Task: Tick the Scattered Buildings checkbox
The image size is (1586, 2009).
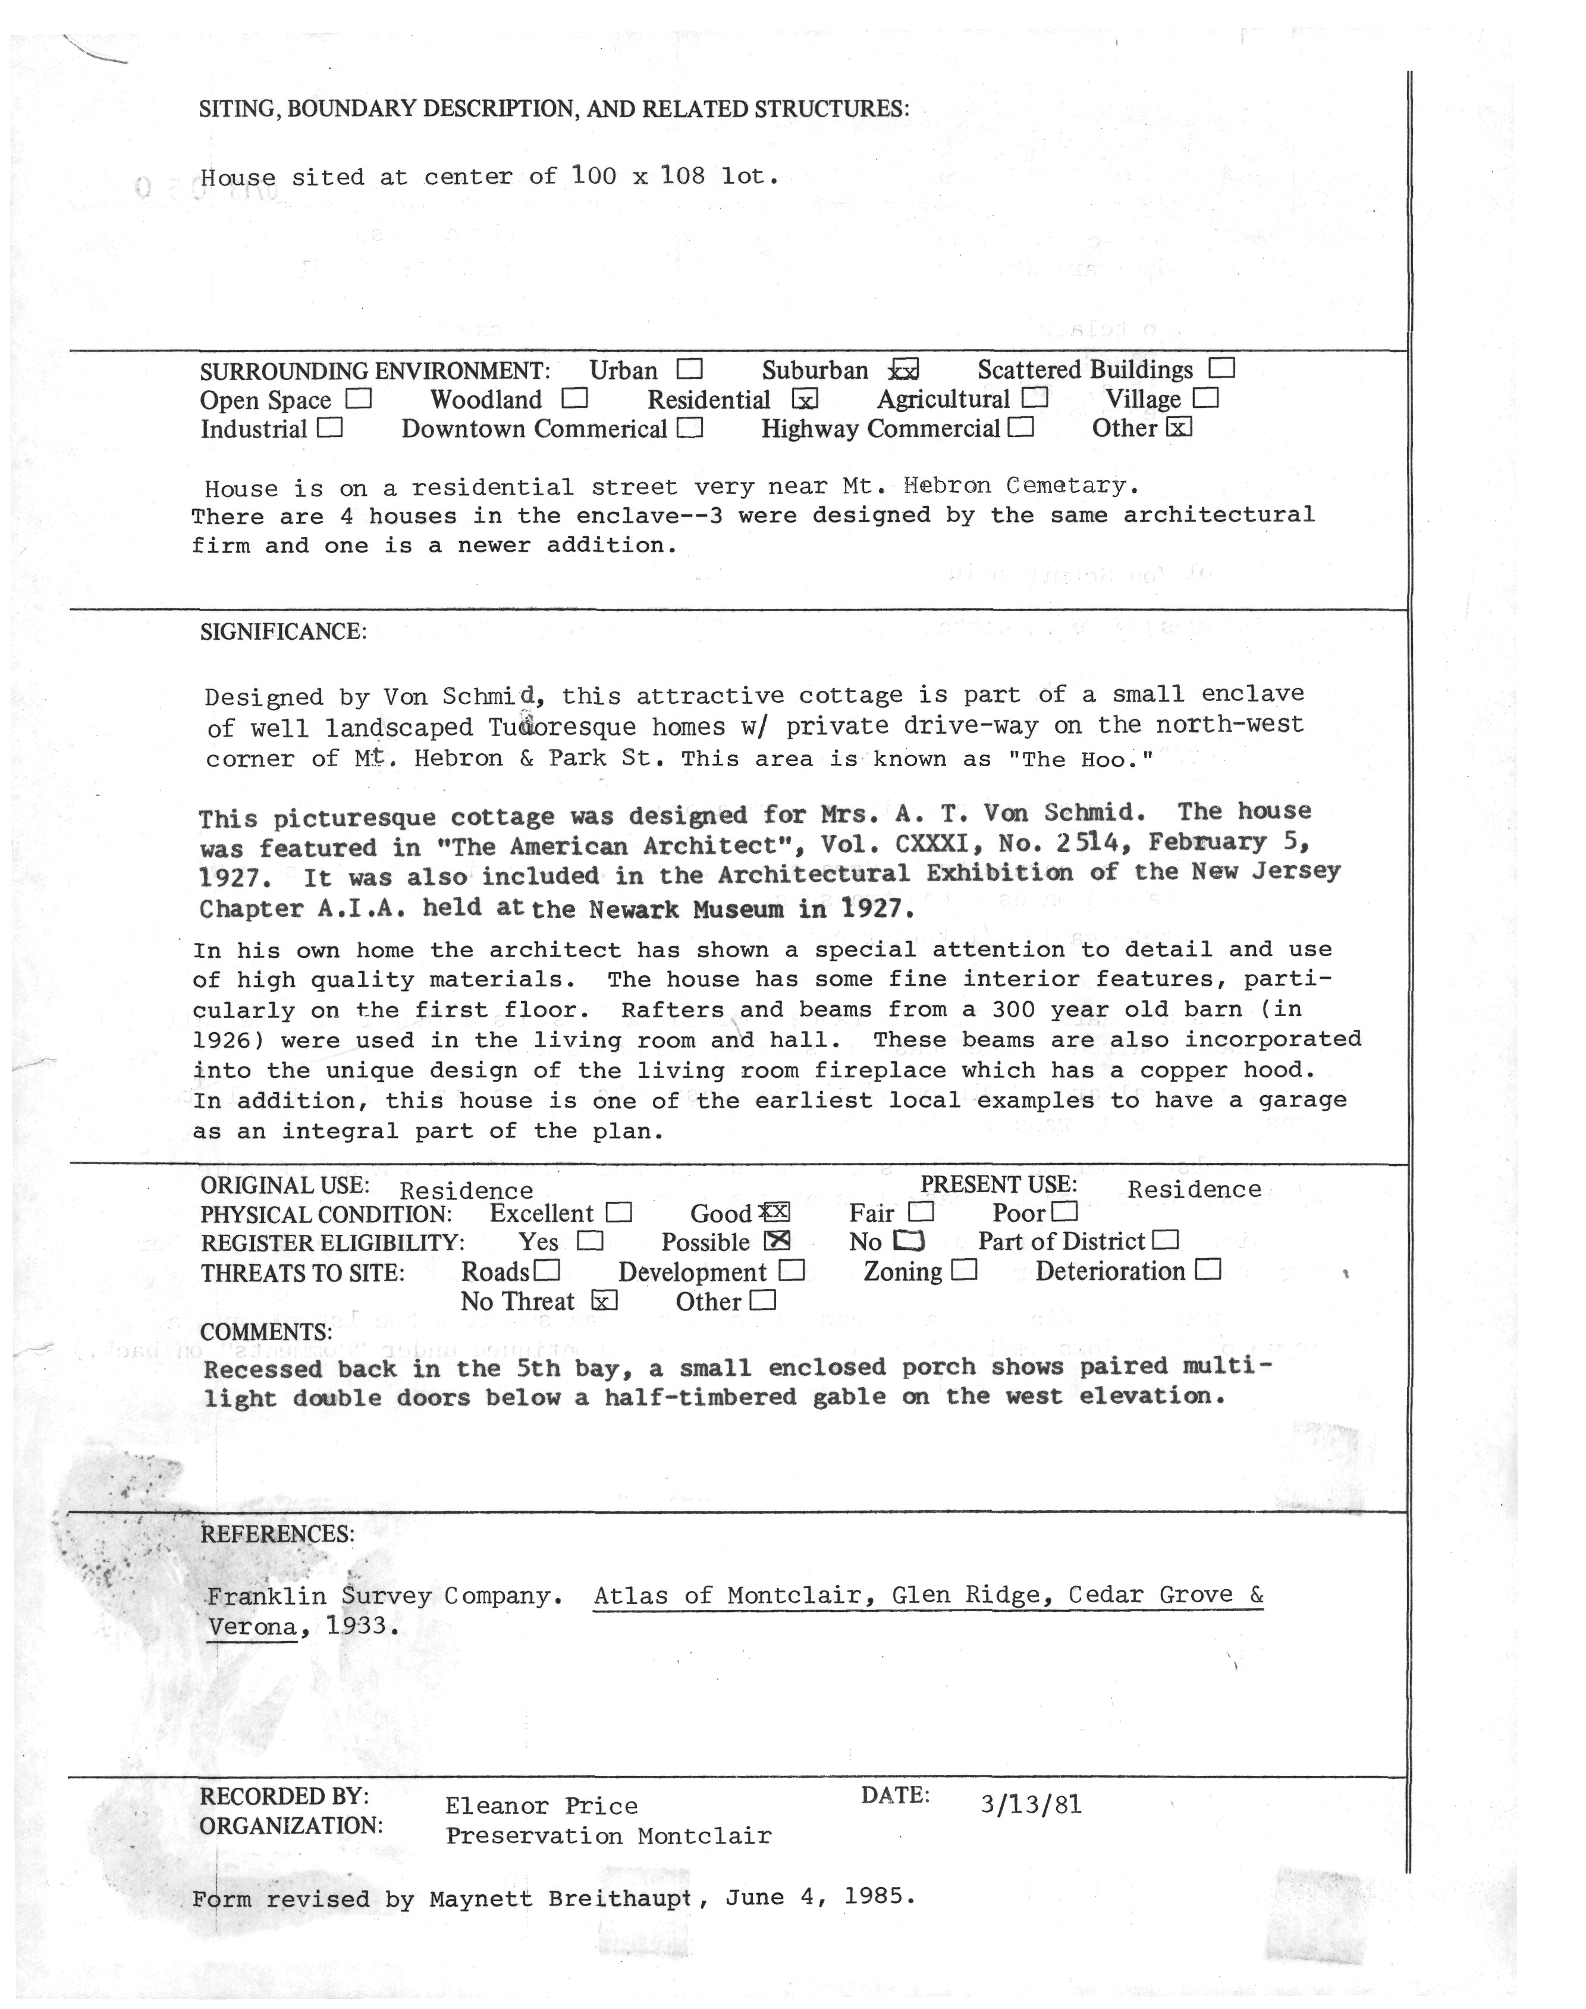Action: click(1222, 369)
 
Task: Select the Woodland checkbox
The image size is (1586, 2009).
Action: click(575, 398)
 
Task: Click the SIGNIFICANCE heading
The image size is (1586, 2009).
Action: click(283, 632)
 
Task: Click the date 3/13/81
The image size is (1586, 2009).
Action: click(1031, 1804)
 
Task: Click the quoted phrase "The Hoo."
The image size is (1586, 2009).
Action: click(1079, 759)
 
